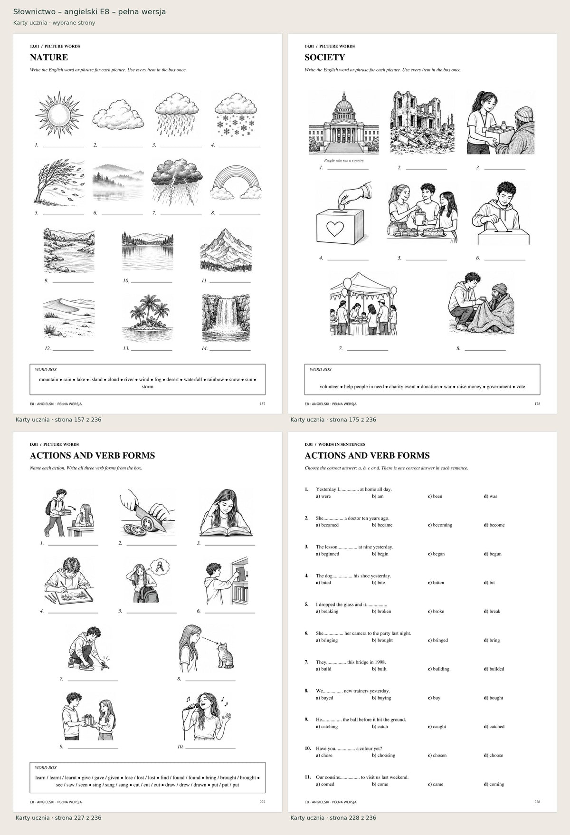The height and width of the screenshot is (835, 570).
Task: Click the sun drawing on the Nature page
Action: click(59, 115)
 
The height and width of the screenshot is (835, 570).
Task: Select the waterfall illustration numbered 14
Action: click(226, 318)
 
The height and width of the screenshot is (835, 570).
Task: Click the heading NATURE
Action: click(49, 58)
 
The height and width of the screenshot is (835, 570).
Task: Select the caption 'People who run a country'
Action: click(344, 161)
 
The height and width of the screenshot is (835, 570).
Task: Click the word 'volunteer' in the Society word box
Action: click(329, 387)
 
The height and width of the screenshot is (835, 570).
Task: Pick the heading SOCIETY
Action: click(325, 58)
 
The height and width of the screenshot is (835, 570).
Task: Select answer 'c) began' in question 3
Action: click(436, 554)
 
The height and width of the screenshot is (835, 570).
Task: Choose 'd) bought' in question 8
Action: click(494, 698)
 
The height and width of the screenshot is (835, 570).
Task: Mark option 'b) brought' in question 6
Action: click(382, 641)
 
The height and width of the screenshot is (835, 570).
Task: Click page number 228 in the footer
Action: click(537, 802)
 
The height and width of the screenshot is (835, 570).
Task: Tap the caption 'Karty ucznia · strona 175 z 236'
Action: click(333, 420)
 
